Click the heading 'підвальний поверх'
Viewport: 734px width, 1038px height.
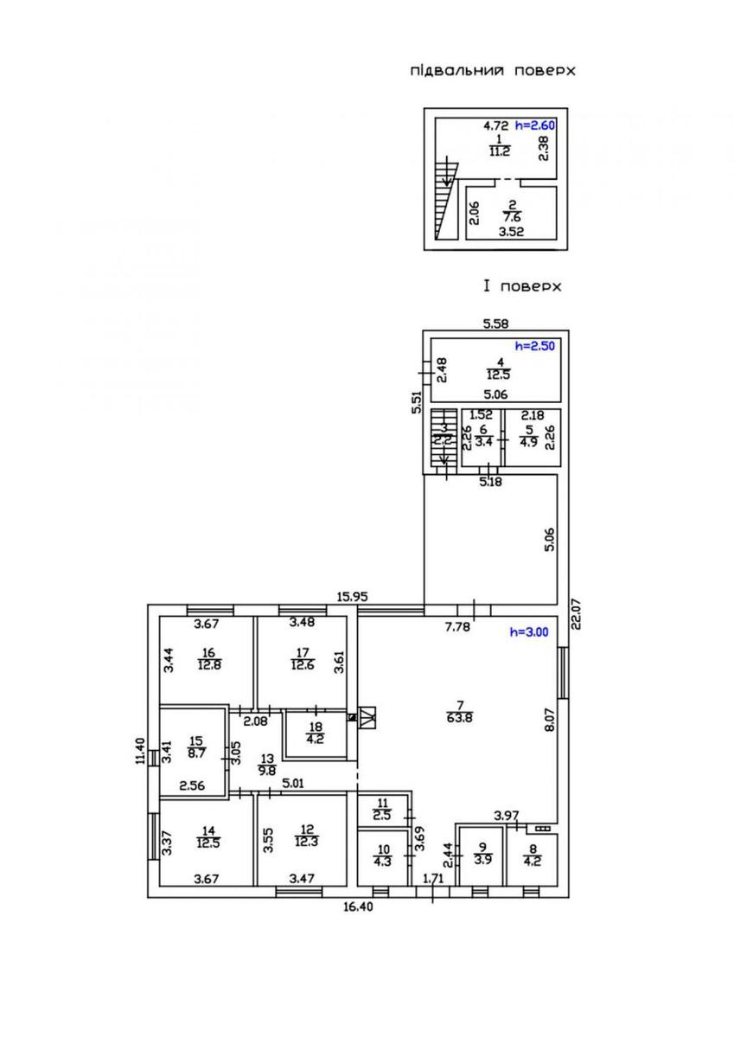[493, 70]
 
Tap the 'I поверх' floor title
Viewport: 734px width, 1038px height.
[522, 286]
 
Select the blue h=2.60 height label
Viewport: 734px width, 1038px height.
[535, 125]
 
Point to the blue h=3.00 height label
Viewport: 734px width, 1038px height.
[529, 631]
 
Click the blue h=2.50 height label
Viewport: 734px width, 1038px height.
[535, 346]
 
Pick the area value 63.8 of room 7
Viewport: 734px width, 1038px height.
[460, 718]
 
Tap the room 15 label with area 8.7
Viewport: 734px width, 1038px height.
[196, 747]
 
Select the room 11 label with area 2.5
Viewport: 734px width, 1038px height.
[382, 809]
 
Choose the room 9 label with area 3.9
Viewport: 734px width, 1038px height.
[482, 853]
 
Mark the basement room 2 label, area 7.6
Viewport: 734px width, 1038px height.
[511, 211]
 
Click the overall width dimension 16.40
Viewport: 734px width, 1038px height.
[358, 907]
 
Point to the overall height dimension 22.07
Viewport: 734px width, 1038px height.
[576, 612]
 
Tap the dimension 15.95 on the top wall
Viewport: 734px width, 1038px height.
[353, 597]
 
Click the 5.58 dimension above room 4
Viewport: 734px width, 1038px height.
[495, 324]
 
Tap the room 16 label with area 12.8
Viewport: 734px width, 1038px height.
[209, 659]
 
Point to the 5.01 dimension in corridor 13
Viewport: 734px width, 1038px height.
[293, 784]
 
